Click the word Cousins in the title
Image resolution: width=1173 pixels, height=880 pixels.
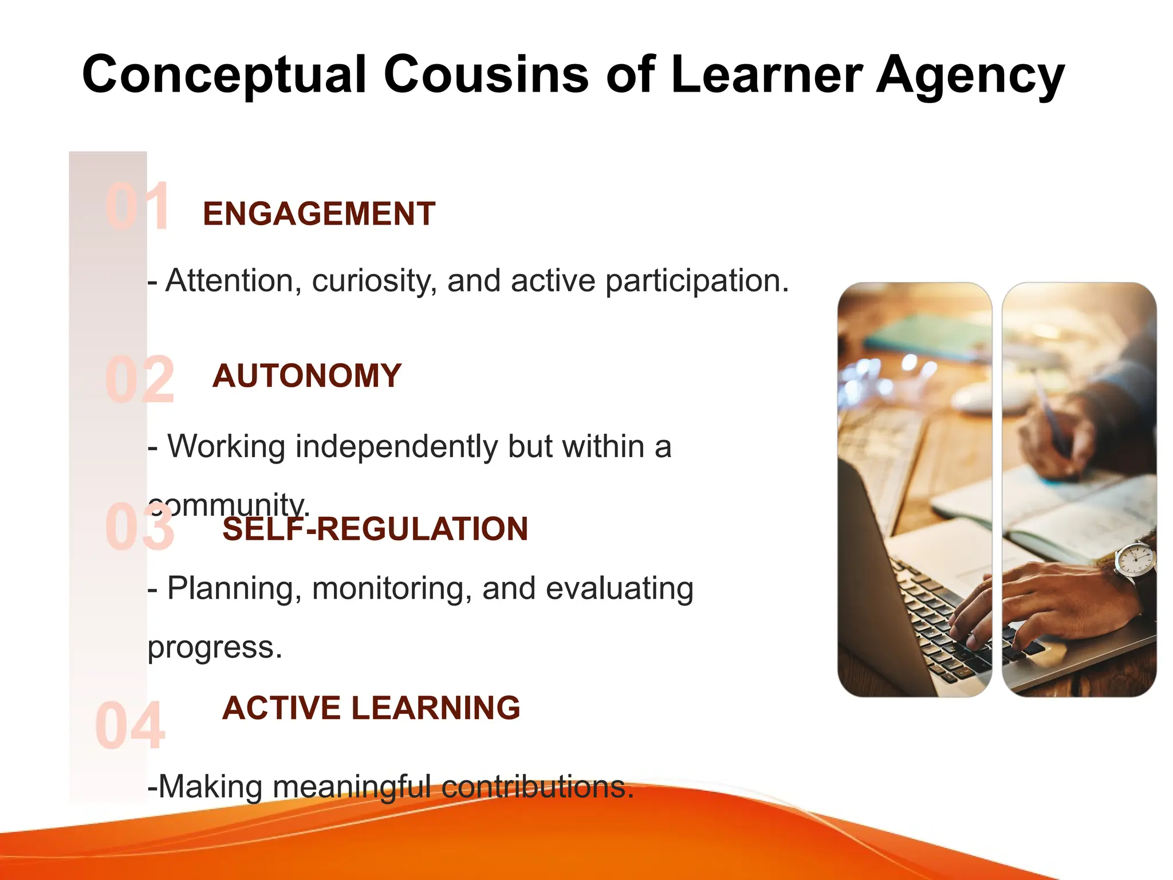(486, 74)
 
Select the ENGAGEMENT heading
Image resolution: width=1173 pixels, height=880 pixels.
(319, 214)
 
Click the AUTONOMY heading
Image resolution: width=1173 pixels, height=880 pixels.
(307, 376)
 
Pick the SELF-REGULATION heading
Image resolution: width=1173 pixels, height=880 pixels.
(375, 529)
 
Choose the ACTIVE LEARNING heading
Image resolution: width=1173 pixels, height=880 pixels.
(371, 708)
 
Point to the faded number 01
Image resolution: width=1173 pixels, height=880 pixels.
(137, 207)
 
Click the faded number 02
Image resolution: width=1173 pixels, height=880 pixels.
(139, 380)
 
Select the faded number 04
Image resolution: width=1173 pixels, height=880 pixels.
(130, 726)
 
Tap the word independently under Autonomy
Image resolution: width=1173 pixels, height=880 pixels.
(396, 447)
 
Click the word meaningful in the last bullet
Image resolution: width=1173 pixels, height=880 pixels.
(351, 787)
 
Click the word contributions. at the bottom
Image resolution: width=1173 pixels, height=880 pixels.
(537, 787)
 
